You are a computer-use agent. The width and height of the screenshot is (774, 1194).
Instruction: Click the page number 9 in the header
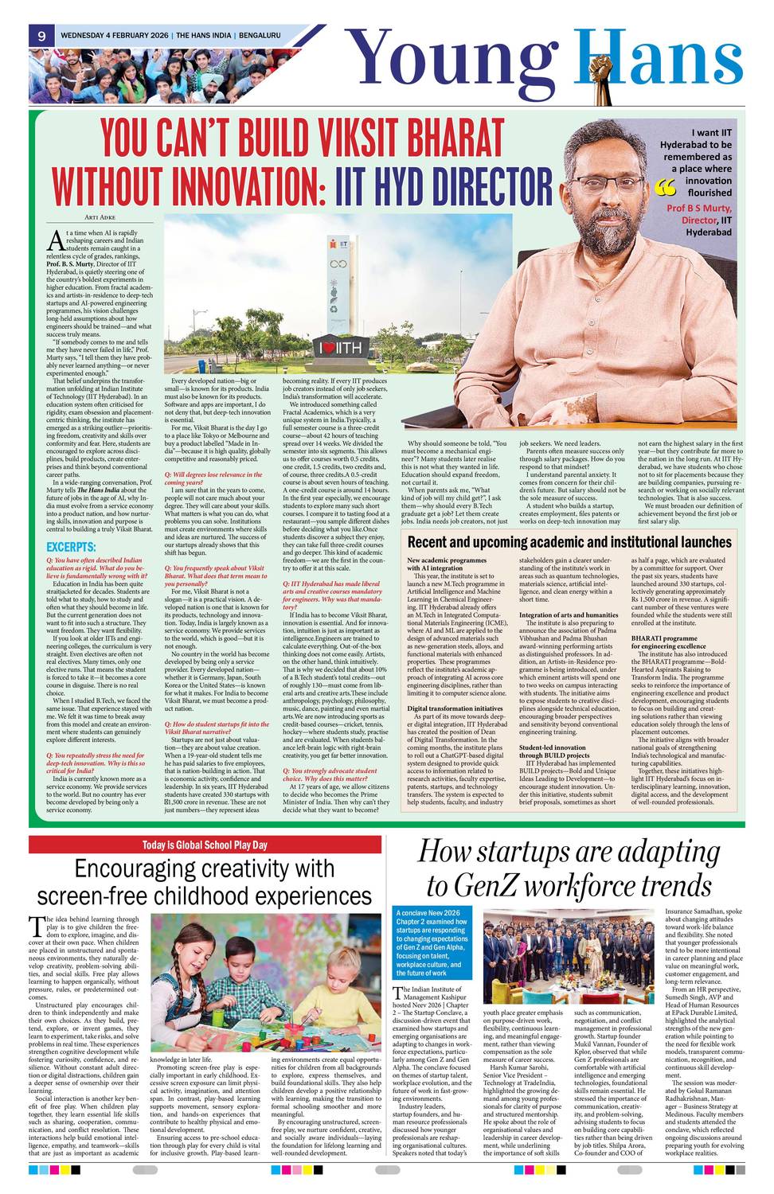coord(41,36)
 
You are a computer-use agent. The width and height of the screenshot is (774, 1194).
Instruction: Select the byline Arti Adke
coord(100,217)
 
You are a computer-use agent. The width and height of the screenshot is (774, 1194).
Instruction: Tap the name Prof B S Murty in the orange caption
coord(698,208)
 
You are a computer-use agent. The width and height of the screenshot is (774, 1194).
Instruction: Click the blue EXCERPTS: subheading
coord(71,547)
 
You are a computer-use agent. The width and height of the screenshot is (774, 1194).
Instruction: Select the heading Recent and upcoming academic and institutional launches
coord(569,542)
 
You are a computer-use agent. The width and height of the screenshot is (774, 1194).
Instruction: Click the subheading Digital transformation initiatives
coord(455,708)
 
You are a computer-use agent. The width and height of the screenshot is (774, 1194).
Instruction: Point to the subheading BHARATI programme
coord(664,638)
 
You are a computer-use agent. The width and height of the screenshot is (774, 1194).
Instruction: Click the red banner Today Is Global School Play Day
coord(205,845)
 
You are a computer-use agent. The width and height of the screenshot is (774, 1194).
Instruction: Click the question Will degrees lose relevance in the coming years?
coord(213,478)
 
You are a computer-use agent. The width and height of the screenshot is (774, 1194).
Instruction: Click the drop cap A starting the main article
coord(55,240)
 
